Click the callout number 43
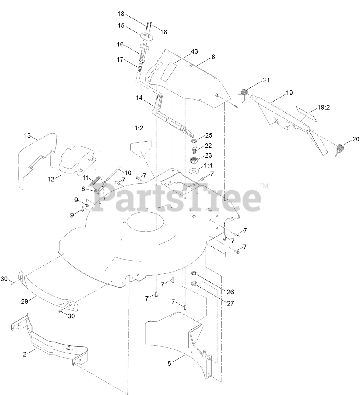203,51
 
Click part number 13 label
27,135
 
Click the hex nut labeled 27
195,283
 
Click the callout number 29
24,301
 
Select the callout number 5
169,363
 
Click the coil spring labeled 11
96,181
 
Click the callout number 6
222,57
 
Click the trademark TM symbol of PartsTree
264,186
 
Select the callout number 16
120,44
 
